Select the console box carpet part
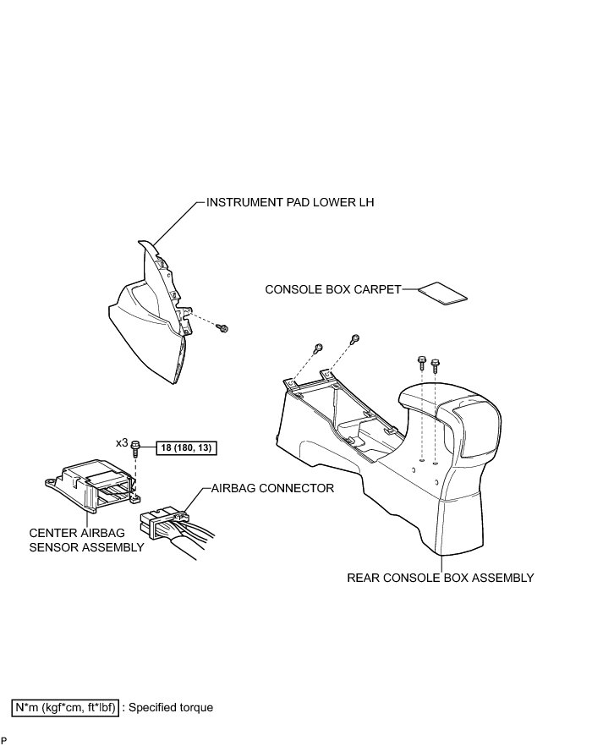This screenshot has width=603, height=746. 444,293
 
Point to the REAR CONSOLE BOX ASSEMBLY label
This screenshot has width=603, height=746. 441,579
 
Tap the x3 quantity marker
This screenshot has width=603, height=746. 122,442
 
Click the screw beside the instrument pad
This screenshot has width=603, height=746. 225,327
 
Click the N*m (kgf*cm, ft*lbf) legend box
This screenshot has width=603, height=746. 65,707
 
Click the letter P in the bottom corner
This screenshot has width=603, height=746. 4,740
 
